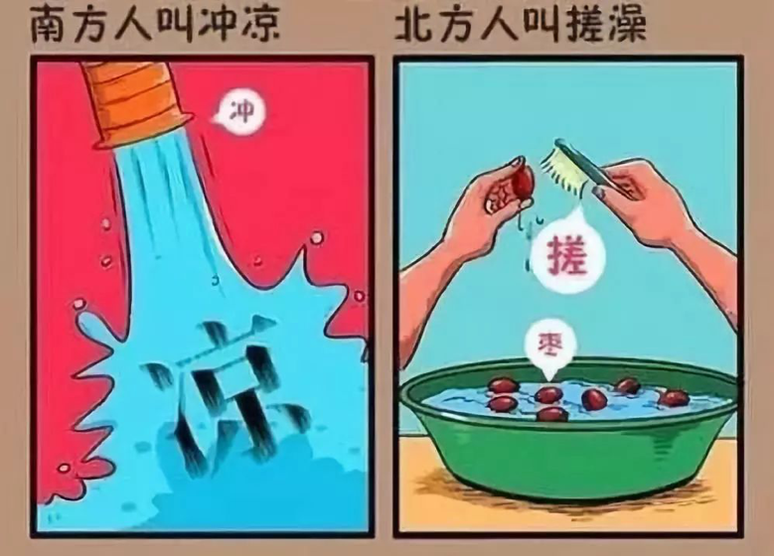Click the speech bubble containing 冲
click(235, 110)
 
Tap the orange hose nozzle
click(135, 99)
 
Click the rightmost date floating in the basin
click(674, 397)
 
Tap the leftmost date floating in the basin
click(502, 386)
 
